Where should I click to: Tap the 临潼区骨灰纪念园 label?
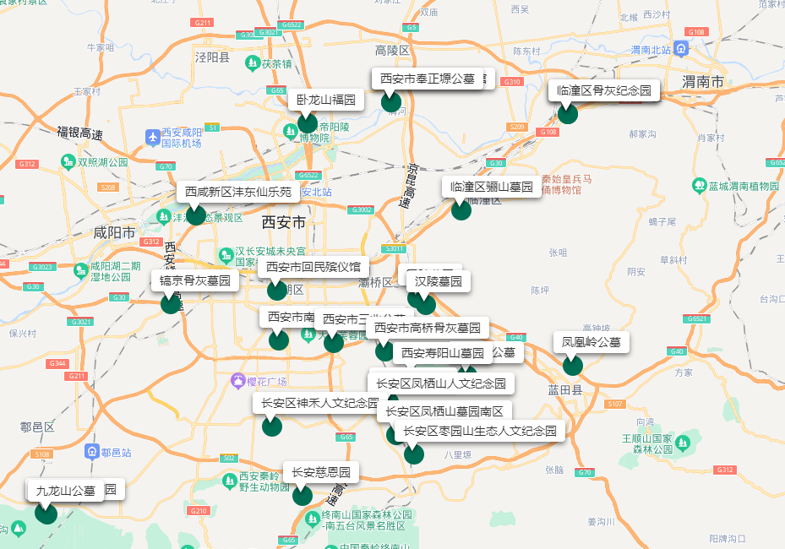[603, 90]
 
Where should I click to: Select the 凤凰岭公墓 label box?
[591, 342]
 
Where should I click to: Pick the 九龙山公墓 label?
[65, 490]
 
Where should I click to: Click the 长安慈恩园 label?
[321, 472]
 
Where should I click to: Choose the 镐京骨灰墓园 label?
[195, 280]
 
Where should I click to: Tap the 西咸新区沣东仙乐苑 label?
[238, 192]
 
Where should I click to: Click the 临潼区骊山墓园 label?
[491, 187]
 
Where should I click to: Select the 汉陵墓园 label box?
[439, 281]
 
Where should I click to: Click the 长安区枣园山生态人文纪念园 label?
[481, 431]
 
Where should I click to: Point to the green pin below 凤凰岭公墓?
[573, 366]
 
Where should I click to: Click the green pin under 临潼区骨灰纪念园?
[567, 114]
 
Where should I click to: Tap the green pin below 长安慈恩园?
[303, 496]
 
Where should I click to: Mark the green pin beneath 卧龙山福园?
[308, 124]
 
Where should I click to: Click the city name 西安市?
[283, 222]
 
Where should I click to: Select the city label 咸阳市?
[114, 232]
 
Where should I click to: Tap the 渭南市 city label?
[703, 82]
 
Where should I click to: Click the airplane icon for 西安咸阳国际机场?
[152, 137]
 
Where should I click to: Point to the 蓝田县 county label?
[565, 390]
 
